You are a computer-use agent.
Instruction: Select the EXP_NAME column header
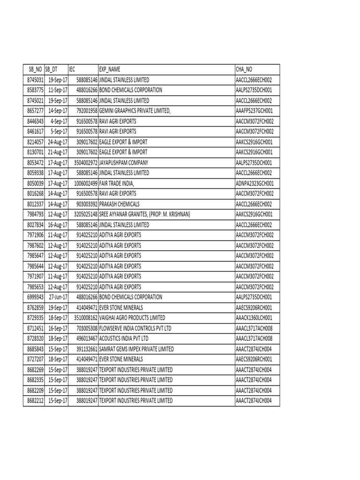[x=110, y=69]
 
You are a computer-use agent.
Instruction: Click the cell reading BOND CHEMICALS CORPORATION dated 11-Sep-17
[x=130, y=90]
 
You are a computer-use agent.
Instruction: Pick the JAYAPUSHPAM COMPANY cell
[x=123, y=162]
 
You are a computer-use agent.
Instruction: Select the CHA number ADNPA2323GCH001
[x=257, y=183]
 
